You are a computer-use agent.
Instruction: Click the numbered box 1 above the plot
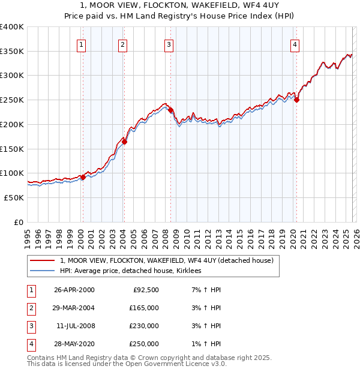click(x=81, y=44)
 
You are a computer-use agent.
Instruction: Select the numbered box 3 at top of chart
click(x=169, y=44)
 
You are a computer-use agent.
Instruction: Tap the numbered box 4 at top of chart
click(x=295, y=44)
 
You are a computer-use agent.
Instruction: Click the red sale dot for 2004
click(x=124, y=142)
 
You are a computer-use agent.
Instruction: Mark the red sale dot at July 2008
click(x=170, y=110)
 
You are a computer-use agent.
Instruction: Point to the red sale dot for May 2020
click(x=296, y=100)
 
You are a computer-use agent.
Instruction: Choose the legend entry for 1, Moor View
click(x=166, y=260)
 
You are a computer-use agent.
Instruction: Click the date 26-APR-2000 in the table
click(x=74, y=290)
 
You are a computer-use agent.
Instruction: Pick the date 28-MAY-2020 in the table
click(x=74, y=344)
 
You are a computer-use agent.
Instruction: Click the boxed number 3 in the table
click(x=29, y=326)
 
